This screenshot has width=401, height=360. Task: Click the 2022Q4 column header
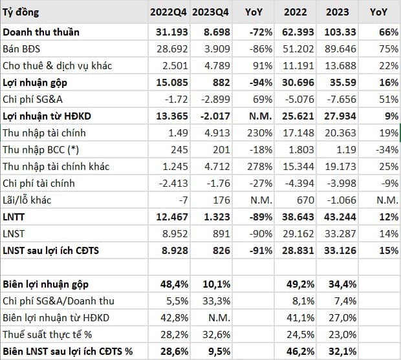pyautogui.click(x=168, y=12)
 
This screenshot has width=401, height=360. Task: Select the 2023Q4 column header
pyautogui.click(x=210, y=12)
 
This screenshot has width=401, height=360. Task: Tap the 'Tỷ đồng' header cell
pyautogui.click(x=21, y=12)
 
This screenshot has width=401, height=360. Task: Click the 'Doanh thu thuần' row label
pyautogui.click(x=41, y=32)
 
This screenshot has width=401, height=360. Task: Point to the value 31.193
pyautogui.click(x=172, y=32)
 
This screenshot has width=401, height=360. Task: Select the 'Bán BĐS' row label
pyautogui.click(x=21, y=49)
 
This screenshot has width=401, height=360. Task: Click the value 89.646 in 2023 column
pyautogui.click(x=340, y=49)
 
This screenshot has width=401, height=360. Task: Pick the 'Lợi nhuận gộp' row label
pyautogui.click(x=35, y=83)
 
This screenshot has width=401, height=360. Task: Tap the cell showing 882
pyautogui.click(x=221, y=83)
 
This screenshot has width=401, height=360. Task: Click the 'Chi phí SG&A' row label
pyautogui.click(x=32, y=100)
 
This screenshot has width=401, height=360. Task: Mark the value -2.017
pyautogui.click(x=215, y=116)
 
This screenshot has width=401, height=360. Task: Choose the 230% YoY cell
pyautogui.click(x=259, y=133)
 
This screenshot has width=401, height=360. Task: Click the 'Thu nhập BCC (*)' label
pyautogui.click(x=41, y=150)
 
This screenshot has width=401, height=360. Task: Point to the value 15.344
pyautogui.click(x=298, y=167)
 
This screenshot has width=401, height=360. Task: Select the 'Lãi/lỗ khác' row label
pyautogui.click(x=27, y=200)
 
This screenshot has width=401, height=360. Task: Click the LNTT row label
pyautogui.click(x=14, y=217)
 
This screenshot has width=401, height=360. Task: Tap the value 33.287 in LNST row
pyautogui.click(x=340, y=234)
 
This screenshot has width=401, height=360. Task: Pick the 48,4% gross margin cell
pyautogui.click(x=174, y=284)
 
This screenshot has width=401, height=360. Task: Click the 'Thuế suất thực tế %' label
pyautogui.click(x=47, y=334)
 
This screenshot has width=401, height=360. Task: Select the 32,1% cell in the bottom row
pyautogui.click(x=342, y=352)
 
